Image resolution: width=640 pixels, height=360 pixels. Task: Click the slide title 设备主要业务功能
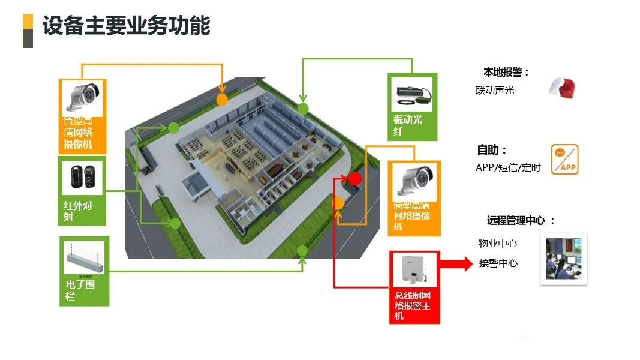tap(126, 26)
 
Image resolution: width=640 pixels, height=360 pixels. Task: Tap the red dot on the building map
tap(354, 178)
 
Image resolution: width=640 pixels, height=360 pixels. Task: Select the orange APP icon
tap(564, 160)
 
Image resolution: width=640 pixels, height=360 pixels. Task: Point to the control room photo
tap(563, 259)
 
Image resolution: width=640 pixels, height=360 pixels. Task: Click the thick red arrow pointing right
tap(456, 263)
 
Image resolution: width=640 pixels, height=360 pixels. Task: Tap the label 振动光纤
tap(408, 125)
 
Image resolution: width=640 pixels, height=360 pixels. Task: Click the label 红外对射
tap(78, 211)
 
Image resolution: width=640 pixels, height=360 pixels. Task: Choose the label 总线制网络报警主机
tap(413, 306)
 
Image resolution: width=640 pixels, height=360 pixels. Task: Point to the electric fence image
tap(84, 258)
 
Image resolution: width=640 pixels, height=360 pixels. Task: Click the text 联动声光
tap(495, 91)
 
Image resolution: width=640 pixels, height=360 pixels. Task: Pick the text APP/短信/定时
tap(508, 168)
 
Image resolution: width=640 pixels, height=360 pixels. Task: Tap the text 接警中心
tap(498, 263)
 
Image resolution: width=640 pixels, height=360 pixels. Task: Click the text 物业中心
tap(497, 244)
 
